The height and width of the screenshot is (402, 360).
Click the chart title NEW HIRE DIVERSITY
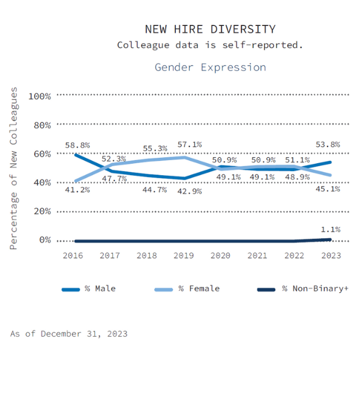pos(210,29)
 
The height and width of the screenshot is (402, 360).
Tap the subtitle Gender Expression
pos(210,67)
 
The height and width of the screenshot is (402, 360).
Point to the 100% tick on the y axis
pos(40,96)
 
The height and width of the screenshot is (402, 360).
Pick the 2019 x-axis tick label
pos(184,255)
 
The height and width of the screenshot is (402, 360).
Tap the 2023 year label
pos(331,255)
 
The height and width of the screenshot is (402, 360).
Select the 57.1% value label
pos(189,145)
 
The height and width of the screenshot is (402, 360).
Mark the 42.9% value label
pos(189,191)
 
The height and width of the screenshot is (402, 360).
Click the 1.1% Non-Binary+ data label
pos(331,229)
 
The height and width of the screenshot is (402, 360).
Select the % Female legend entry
pos(199,289)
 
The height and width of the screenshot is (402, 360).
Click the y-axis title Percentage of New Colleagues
pos(14,168)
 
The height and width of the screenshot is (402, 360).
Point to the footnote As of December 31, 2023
pos(69,334)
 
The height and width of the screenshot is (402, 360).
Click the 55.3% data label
pos(154,148)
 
